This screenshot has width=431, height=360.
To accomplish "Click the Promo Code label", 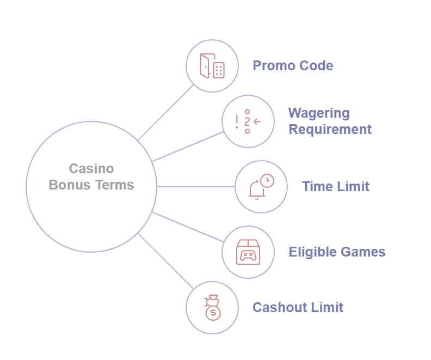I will pos(293,66).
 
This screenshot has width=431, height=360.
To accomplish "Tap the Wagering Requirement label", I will pos(330,121).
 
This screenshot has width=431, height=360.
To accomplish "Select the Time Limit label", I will pos(336,186).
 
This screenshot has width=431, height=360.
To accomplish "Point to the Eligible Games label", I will pos(337,252).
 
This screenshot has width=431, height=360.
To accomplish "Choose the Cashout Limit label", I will pos(298,307).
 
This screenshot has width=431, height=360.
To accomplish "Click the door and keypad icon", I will pos(212,66).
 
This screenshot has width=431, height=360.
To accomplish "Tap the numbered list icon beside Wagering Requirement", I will pos(247,121).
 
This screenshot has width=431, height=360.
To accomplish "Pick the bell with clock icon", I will pos(261,187).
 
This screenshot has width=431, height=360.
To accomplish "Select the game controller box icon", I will pos(248,252).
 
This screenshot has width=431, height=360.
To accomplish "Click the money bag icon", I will pos(212,308).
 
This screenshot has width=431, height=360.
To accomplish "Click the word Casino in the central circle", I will pos(91,169).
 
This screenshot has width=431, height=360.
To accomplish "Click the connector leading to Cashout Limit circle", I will pos(165,261).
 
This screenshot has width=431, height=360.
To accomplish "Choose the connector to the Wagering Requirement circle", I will pos(188,146).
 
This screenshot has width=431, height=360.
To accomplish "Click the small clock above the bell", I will pos(267,181).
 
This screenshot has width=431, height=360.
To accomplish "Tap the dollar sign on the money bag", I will pos(213,313).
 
